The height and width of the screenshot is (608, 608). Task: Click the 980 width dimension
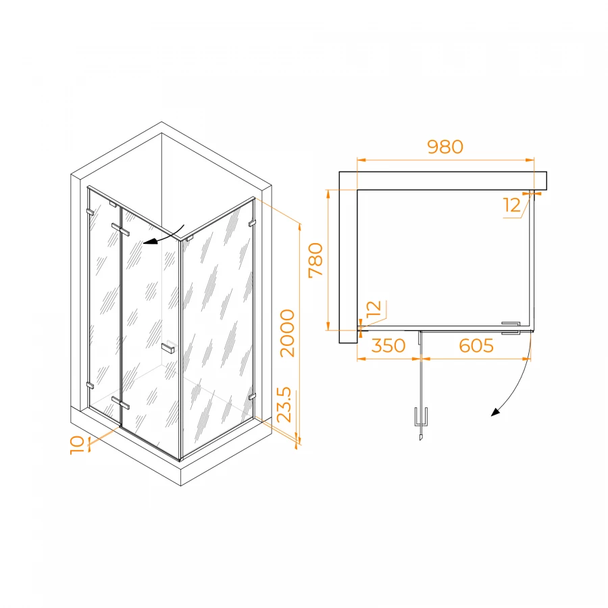click(445, 147)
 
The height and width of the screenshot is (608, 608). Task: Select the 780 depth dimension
click(316, 260)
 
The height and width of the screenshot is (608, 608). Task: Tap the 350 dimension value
click(388, 345)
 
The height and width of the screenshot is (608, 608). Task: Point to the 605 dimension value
click(476, 345)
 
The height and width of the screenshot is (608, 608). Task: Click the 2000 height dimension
click(288, 333)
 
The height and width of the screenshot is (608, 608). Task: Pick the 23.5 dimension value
click(284, 405)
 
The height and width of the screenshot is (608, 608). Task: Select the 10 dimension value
click(77, 445)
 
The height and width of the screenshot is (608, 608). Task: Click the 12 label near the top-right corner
click(512, 205)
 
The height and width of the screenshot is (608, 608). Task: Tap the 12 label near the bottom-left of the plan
click(374, 309)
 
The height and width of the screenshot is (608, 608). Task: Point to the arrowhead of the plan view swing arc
click(495, 412)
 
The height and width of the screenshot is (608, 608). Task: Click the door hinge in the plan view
click(511, 328)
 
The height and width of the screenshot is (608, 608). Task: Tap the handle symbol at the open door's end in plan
click(421, 423)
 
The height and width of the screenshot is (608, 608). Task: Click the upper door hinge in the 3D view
click(120, 229)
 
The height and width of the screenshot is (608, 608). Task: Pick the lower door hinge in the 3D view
click(120, 403)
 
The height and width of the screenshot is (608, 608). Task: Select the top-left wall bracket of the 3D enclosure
click(90, 212)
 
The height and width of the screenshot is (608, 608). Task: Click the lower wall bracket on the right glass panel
click(252, 397)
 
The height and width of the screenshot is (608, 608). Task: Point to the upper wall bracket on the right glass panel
click(252, 224)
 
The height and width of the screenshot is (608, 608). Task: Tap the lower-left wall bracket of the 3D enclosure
click(90, 386)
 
